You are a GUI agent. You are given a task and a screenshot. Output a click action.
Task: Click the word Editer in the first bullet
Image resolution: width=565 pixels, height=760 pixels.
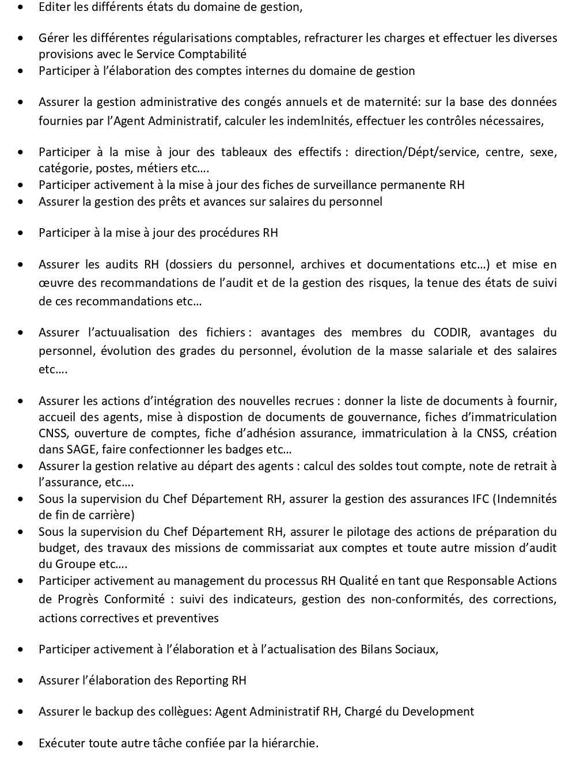[53, 7]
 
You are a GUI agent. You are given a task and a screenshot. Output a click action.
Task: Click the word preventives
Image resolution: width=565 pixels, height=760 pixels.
[189, 618]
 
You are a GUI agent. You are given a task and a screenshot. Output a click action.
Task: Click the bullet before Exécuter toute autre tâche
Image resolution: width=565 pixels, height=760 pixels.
[21, 743]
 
